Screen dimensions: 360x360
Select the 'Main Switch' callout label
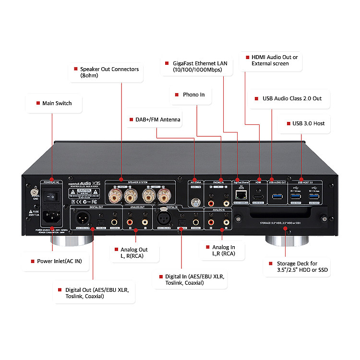(x=54, y=103)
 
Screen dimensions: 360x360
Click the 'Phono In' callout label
(x=191, y=95)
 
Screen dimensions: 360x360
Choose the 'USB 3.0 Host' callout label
(x=305, y=123)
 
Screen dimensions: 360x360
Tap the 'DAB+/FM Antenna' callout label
(x=151, y=119)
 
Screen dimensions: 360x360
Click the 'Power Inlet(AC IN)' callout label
(x=56, y=261)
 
